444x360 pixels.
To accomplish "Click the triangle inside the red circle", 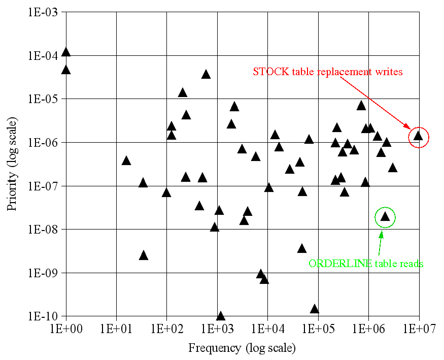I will point(418,136).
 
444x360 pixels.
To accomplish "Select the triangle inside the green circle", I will point(385,216).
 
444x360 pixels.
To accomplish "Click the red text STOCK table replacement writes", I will point(327,72).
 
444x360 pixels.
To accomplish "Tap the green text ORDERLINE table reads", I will point(366,264).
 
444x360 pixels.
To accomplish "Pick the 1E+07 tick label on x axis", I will point(419,328).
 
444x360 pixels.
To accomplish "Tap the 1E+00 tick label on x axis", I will point(66,328).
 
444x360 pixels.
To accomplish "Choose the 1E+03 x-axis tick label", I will point(217,328).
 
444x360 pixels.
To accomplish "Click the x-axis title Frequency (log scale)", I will point(242,348).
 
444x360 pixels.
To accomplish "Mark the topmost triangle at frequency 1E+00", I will point(66,52).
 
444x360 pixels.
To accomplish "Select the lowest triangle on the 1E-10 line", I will point(221,316).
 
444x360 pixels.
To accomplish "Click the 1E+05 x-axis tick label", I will point(318,328).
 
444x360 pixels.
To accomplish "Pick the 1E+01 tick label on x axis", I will point(116,328).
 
